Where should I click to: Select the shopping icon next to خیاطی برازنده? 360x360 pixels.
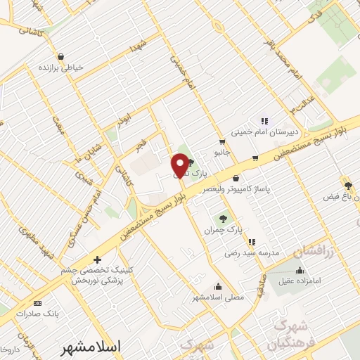click(61, 56)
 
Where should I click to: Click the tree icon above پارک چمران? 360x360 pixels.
click(224, 218)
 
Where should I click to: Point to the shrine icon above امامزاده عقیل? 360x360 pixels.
click(300, 269)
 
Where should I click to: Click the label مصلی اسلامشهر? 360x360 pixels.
click(219, 297)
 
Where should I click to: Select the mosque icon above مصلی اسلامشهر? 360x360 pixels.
click(219, 286)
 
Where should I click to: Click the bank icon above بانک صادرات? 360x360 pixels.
click(37, 303)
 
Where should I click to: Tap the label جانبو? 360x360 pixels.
click(221, 153)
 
